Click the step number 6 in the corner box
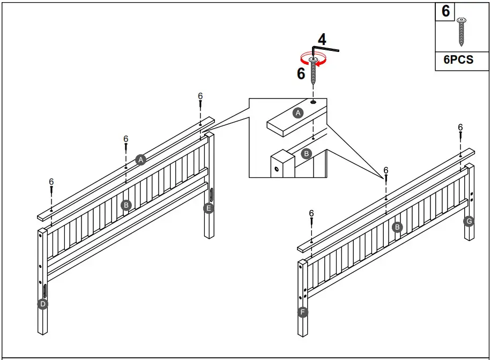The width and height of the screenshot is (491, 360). tap(446, 11)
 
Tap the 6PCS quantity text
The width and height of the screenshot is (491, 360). tap(458, 60)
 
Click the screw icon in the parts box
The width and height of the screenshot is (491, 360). tap(461, 32)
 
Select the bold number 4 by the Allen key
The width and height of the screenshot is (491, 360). tap(322, 39)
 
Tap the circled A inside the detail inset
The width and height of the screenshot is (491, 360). tap(299, 112)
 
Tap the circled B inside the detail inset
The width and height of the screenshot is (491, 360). tap(307, 154)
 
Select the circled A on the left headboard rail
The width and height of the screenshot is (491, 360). tap(140, 160)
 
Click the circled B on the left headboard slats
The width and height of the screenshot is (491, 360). tap(126, 205)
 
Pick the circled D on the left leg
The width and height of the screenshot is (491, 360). tap(43, 304)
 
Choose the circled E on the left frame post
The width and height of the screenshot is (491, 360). tap(209, 208)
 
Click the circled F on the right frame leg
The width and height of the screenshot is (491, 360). tap(303, 312)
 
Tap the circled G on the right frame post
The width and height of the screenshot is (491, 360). tap(469, 221)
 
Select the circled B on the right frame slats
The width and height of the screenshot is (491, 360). tap(397, 227)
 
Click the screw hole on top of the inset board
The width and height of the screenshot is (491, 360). tap(313, 101)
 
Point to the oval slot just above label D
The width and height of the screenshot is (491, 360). tap(44, 290)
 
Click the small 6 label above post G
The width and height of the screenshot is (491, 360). tap(460, 127)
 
